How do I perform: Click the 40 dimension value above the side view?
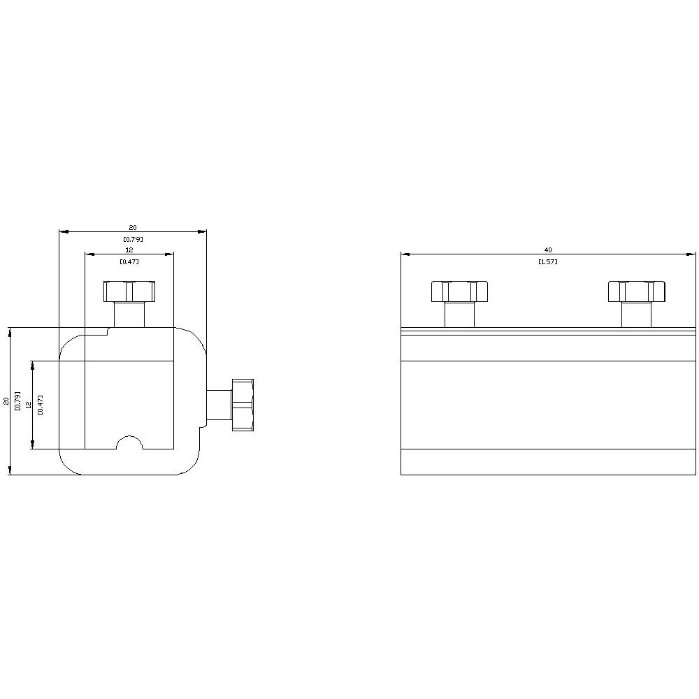[x=548, y=250]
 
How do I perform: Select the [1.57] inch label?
[x=548, y=261]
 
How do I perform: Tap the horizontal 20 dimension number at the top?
[x=132, y=227]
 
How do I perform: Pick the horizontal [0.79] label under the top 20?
[x=132, y=239]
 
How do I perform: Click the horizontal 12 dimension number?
[x=129, y=250]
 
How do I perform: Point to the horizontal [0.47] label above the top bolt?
[x=129, y=261]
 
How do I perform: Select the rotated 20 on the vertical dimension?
[x=7, y=401]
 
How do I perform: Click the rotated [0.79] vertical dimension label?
[x=18, y=401]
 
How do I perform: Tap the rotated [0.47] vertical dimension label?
[x=41, y=405]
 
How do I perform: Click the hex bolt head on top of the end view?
[x=129, y=291]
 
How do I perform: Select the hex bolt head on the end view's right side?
[x=242, y=405]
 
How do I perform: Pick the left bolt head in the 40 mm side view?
[x=459, y=291]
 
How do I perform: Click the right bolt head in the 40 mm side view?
[x=636, y=291]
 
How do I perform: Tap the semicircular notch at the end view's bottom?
[x=129, y=444]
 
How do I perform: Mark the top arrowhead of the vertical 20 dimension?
[x=10, y=331]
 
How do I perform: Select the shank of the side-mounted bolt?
[x=218, y=405]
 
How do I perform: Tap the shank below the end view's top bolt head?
[x=129, y=314]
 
